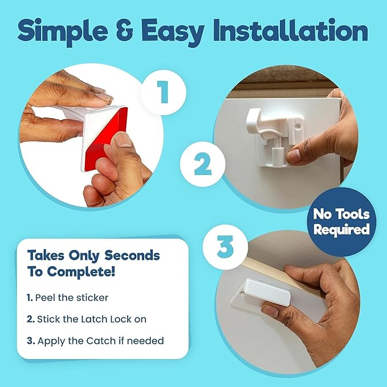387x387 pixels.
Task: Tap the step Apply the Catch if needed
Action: tap(96, 340)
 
